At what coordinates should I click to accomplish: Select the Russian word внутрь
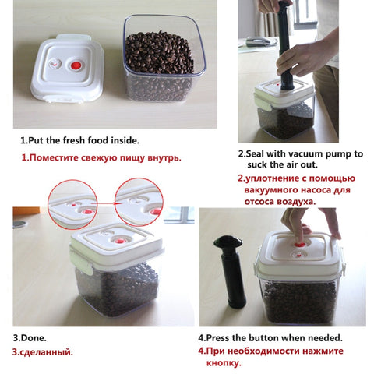[164, 157]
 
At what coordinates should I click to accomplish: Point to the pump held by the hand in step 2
[285, 47]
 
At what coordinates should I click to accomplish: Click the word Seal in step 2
[257, 153]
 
